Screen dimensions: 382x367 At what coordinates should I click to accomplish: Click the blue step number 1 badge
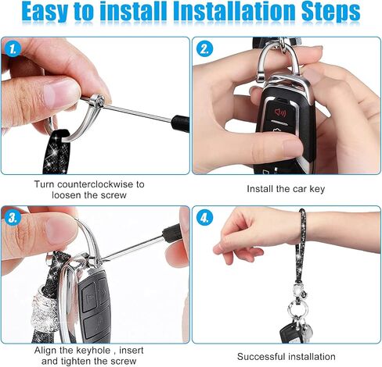13,48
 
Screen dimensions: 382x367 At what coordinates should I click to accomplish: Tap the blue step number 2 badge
204,48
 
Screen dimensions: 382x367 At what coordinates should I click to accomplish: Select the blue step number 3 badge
13,218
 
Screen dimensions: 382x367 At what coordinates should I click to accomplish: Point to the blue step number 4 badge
204,218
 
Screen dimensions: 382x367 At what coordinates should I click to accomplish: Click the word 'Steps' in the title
330,12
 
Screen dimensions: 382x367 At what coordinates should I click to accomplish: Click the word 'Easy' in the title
45,12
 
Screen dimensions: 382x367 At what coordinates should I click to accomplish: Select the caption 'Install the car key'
286,189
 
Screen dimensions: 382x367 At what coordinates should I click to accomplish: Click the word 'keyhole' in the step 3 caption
93,351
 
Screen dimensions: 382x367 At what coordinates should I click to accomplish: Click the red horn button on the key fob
280,112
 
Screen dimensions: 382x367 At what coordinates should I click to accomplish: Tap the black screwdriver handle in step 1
180,123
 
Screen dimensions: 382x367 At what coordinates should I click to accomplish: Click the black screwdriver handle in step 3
171,233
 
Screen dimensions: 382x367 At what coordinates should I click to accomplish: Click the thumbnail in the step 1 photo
61,91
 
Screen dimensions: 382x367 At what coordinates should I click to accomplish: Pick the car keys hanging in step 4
296,332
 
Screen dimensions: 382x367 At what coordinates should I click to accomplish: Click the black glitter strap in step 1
57,151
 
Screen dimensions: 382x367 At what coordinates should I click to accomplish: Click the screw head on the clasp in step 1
98,101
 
